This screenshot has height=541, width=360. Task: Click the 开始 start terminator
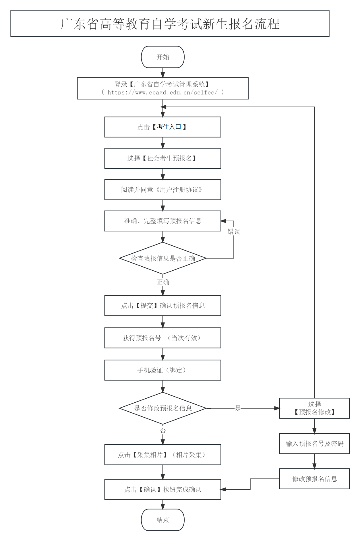tap(162, 57)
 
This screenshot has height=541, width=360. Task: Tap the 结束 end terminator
tap(162, 520)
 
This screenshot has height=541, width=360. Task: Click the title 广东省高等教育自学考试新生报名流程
tap(170, 24)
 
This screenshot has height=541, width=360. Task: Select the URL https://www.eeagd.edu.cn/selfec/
tap(162, 92)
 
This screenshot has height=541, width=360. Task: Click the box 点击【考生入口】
tap(162, 127)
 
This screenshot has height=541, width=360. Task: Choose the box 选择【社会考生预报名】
tap(162, 158)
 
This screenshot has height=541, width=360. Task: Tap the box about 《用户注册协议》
tap(162, 189)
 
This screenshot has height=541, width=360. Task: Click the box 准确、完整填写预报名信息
tap(162, 221)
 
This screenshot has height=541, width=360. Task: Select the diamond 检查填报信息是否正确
tap(162, 258)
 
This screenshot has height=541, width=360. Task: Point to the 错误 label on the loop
tap(234, 232)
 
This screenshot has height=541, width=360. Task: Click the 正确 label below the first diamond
tap(163, 282)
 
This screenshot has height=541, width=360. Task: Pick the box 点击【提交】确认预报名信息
tap(162, 305)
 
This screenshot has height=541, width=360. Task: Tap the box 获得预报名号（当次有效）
tap(162, 338)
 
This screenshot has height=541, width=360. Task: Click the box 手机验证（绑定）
tap(162, 370)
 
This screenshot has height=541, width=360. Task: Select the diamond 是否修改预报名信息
tap(162, 408)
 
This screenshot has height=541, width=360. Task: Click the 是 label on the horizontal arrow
tap(238, 408)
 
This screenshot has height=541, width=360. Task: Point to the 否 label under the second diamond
tap(163, 430)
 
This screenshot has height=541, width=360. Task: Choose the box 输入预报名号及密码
tap(314, 443)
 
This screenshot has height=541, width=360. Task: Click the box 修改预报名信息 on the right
tap(314, 479)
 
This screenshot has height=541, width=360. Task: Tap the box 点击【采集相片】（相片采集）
tap(162, 455)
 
